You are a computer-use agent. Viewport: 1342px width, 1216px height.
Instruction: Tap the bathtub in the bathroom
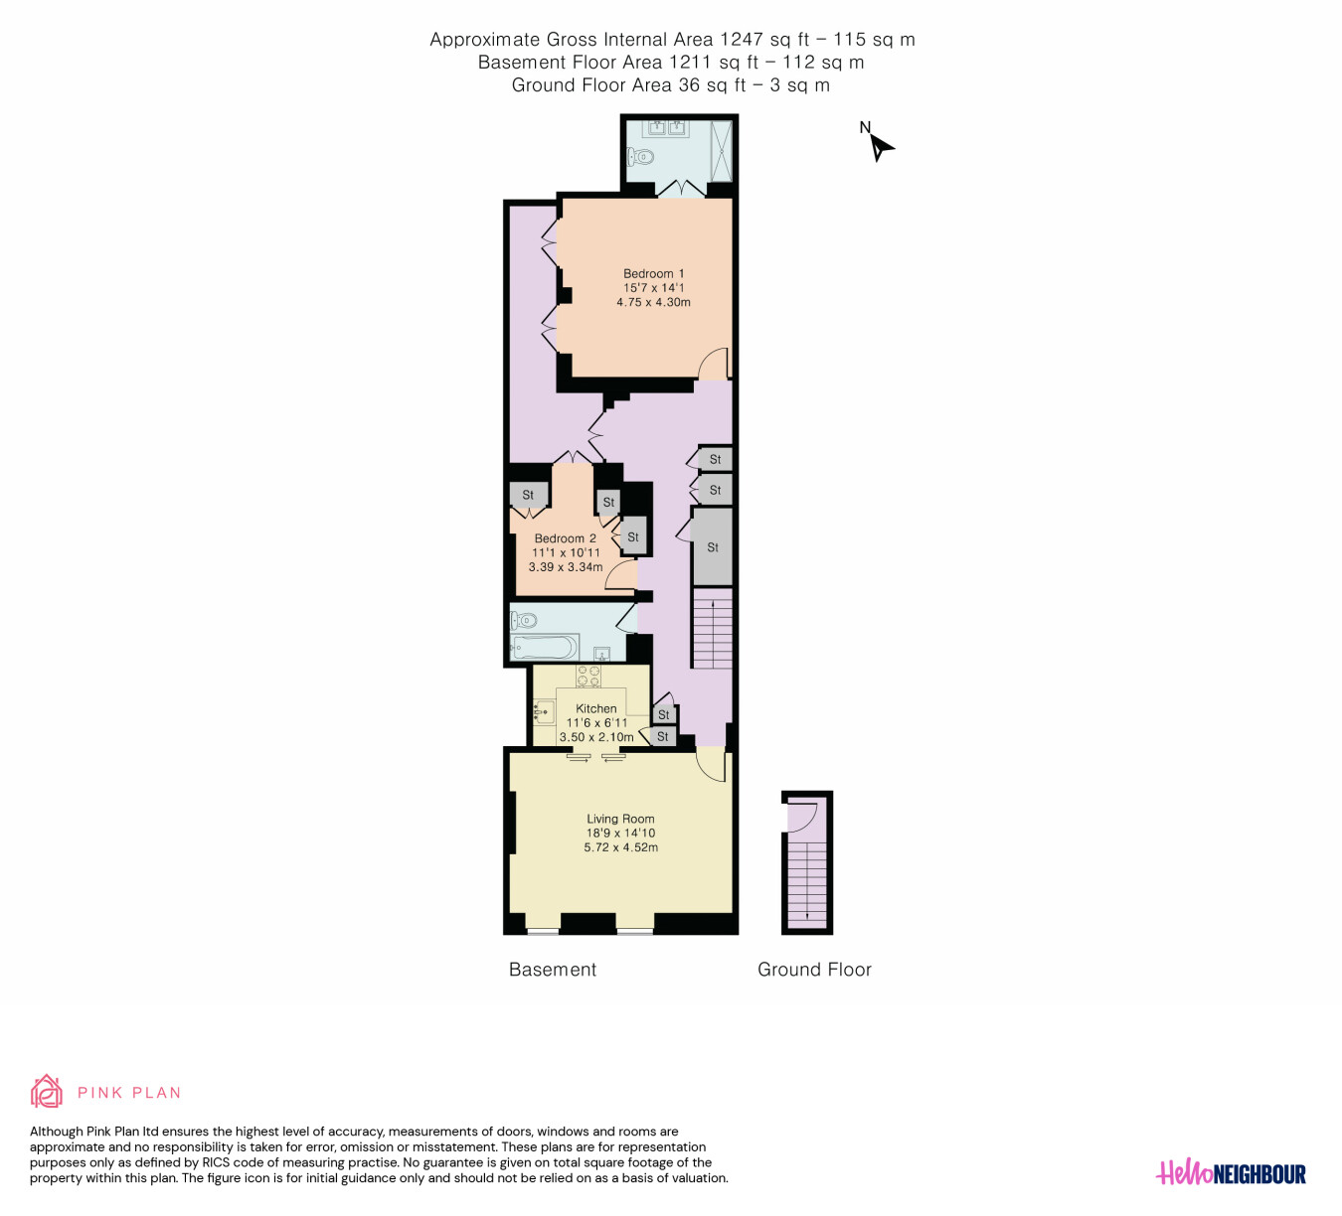(544, 647)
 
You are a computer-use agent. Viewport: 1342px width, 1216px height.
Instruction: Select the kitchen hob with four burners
(588, 676)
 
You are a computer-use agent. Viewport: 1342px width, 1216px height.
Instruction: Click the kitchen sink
(545, 712)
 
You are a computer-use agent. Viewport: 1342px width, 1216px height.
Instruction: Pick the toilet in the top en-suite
(640, 157)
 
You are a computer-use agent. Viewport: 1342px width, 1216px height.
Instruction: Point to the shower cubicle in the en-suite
(721, 151)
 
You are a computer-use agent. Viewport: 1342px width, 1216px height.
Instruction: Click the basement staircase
(712, 628)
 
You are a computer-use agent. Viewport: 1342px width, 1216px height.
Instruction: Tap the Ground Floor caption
(814, 970)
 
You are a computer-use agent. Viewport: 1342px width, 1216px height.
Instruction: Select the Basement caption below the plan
(553, 970)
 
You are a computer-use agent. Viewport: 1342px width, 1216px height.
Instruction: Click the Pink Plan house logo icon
(46, 1092)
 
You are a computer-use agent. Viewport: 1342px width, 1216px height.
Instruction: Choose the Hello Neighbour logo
(1231, 1173)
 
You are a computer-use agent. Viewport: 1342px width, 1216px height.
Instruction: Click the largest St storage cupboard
(713, 547)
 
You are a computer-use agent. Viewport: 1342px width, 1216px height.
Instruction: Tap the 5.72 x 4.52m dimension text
(621, 847)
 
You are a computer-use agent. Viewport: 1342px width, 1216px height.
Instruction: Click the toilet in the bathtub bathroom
(523, 621)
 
